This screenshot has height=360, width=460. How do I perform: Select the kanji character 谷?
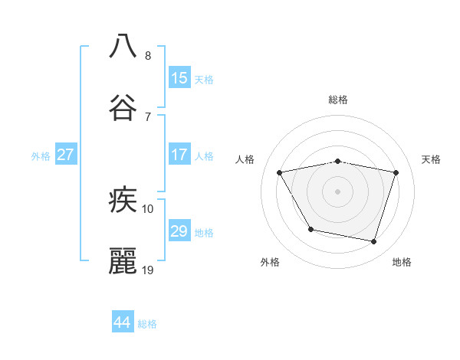point(123,107)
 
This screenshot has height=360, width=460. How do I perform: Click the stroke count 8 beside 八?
point(147,56)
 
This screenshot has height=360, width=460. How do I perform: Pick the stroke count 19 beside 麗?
point(149,270)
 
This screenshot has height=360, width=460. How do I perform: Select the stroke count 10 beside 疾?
point(148,208)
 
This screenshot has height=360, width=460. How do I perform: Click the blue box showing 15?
point(179,77)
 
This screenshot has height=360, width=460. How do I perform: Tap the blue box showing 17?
point(179,154)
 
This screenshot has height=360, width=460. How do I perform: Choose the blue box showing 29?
point(179,231)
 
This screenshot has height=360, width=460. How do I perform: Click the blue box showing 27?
point(66,154)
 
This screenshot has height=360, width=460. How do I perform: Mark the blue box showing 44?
point(123,322)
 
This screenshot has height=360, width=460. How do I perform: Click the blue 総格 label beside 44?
point(147,324)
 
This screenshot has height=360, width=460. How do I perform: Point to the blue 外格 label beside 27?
point(41,156)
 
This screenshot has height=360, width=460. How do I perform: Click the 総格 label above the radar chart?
point(338,100)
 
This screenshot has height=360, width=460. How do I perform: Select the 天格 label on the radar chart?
point(431,159)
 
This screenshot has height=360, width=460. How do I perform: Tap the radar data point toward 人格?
point(280,173)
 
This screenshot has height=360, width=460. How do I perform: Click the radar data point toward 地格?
point(374,242)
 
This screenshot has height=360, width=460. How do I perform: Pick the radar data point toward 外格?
point(310,229)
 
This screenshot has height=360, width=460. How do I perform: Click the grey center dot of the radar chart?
point(338,191)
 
